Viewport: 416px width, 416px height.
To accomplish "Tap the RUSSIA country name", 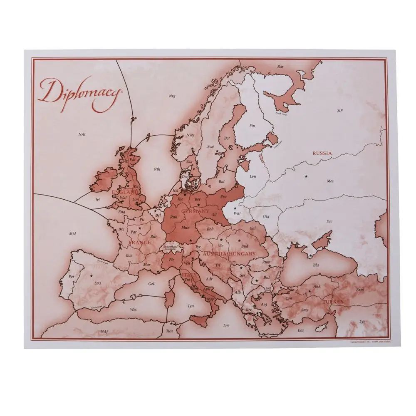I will [x=322, y=153].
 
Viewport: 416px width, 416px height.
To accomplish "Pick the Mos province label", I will [x=330, y=181].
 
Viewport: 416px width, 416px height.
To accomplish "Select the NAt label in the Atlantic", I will [x=82, y=134].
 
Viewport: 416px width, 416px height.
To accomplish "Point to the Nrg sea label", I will [x=172, y=96].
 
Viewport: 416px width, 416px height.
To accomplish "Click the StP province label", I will [x=340, y=111].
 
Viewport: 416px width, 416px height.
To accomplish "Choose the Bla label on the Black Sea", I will [x=316, y=265].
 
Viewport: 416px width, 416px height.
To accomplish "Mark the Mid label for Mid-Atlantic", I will [x=73, y=234].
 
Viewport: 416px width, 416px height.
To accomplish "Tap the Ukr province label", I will [x=266, y=216].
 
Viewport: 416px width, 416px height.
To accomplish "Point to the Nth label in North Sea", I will [x=157, y=169].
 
